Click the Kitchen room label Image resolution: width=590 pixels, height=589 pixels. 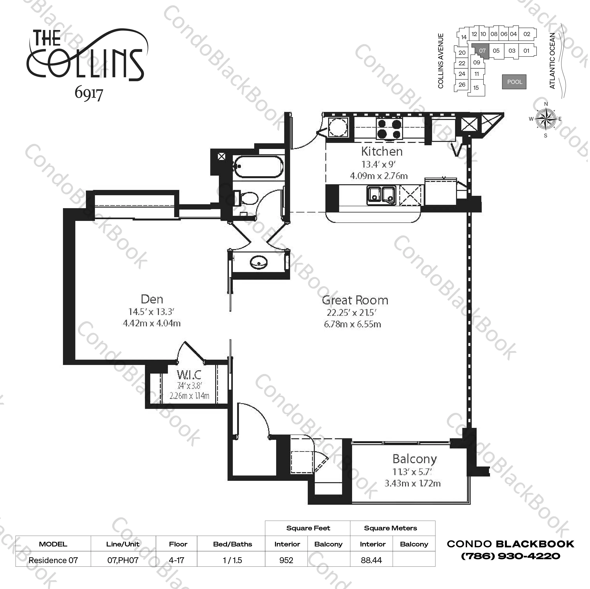coord(382,151)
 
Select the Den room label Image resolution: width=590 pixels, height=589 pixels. coord(152,299)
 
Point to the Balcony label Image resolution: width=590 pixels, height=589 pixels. coord(415,459)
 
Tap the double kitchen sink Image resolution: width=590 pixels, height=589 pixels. coord(381,195)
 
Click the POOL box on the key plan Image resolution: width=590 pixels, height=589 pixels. coord(514,82)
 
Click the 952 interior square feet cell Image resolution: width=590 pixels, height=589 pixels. coord(286,560)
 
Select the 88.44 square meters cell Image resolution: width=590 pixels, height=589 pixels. coord(371,560)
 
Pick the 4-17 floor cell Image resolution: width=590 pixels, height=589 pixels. coord(177,560)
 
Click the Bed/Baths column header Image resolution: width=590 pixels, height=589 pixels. coord(233,544)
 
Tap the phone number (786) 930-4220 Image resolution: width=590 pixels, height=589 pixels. coord(510,556)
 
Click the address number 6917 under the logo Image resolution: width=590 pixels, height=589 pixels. coord(89,94)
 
